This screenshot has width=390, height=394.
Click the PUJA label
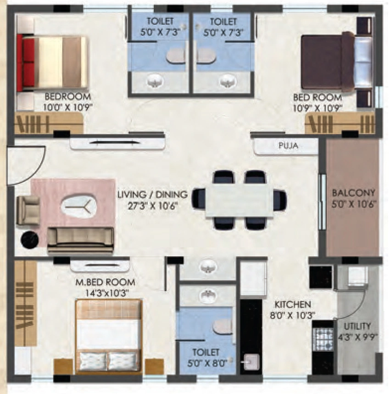[288, 145]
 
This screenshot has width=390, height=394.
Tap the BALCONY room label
[353, 193]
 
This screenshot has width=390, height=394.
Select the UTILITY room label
[357, 326]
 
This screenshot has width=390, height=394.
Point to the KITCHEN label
[293, 304]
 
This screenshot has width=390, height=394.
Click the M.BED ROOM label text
[105, 282]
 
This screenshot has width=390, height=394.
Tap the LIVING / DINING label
[153, 194]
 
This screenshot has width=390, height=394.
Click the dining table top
[239, 200]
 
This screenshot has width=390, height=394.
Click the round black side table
[29, 240]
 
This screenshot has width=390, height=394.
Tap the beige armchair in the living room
[28, 210]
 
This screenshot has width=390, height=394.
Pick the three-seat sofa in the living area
[81, 240]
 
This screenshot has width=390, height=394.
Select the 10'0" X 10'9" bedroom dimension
[68, 107]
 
